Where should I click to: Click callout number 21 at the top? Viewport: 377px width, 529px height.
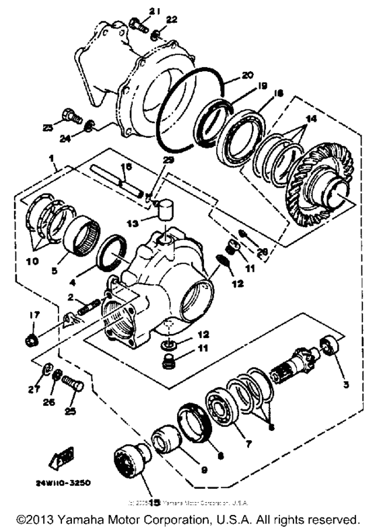(153, 10)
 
